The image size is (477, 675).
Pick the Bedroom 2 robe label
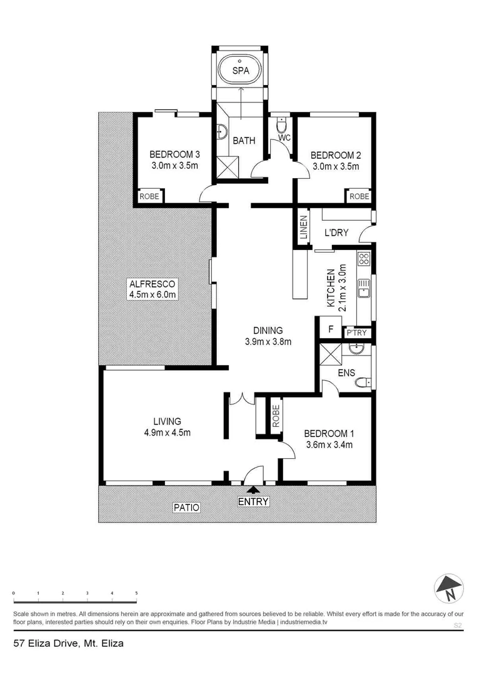[x=359, y=196]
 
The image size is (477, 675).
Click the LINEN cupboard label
[x=304, y=227]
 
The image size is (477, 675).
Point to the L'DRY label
[x=336, y=233]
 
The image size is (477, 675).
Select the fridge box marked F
[x=331, y=328]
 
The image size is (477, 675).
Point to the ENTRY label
[x=253, y=501]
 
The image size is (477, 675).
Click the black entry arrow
[x=253, y=491]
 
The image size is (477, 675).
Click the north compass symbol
[x=448, y=587]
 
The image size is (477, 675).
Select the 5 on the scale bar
[x=136, y=592]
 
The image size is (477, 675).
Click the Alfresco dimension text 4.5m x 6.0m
[x=153, y=295]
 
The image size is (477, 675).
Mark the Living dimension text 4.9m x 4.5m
[x=164, y=432]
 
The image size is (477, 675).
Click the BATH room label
[x=244, y=141]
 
